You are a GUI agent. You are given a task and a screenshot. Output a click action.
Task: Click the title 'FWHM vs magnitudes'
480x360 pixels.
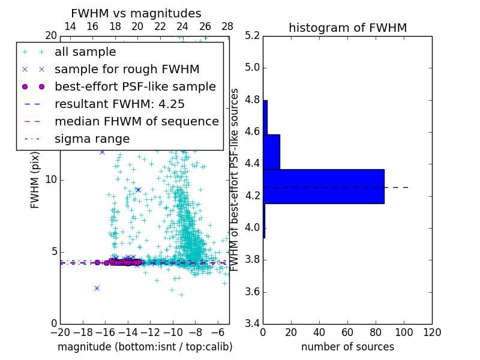point(136,13)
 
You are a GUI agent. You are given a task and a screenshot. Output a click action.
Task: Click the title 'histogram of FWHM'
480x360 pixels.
point(347,28)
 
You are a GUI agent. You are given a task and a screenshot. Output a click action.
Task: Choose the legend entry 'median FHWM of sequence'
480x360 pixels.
point(136,121)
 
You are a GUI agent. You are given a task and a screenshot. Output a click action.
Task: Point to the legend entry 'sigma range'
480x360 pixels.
point(92,139)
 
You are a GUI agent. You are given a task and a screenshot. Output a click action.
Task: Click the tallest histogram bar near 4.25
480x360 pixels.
point(323,187)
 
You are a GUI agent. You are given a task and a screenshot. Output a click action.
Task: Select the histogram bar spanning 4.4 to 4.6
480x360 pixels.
point(271,152)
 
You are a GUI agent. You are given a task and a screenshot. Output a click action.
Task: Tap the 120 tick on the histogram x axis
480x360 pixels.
point(432,332)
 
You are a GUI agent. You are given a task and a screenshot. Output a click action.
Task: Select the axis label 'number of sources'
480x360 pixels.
point(347,347)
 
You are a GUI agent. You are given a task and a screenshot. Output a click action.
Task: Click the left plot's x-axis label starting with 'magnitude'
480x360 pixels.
point(145,347)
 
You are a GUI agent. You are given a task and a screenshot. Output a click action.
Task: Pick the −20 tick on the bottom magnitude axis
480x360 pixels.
point(60,332)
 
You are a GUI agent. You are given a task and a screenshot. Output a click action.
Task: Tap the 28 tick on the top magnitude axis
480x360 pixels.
point(227,26)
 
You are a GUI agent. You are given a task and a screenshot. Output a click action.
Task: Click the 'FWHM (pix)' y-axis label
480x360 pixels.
point(35,180)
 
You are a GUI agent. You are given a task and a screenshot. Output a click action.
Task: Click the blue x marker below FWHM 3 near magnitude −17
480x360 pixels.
point(97,288)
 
